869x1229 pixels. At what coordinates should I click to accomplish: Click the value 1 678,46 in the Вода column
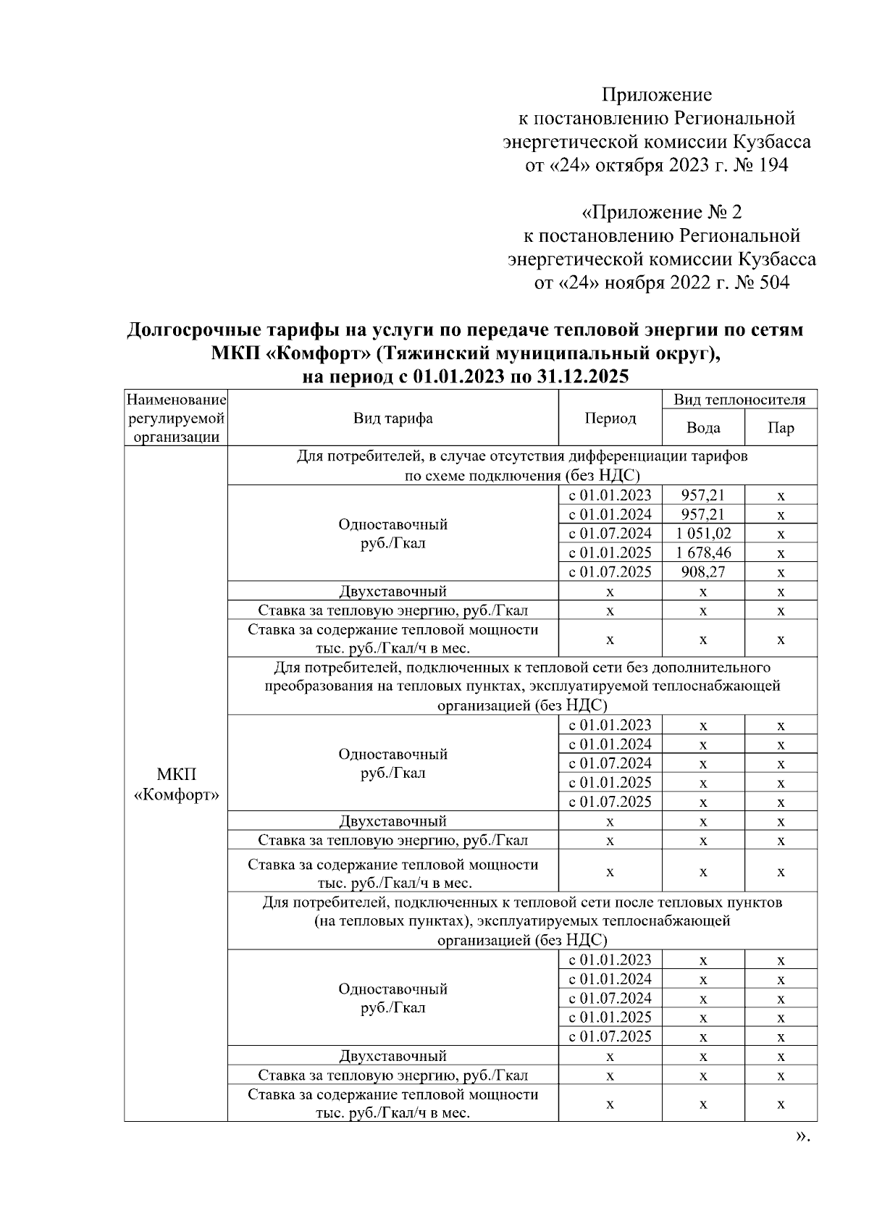coord(703,553)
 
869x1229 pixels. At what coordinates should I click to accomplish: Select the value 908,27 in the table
coord(703,572)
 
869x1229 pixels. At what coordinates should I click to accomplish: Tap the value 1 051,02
coord(703,534)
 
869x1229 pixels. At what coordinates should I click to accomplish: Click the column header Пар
coord(781,428)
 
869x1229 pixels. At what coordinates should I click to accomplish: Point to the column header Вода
coord(703,428)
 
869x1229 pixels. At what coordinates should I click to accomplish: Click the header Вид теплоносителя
coord(739,400)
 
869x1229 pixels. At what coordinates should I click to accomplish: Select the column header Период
coord(610,419)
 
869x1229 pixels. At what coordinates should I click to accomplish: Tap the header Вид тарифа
coord(393,419)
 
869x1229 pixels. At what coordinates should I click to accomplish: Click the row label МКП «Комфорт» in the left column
coord(176,784)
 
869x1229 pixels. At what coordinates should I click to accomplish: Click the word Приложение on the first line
coord(657,95)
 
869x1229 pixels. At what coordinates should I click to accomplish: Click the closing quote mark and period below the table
coord(802,1136)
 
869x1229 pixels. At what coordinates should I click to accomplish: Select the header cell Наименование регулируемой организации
coord(176,419)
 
